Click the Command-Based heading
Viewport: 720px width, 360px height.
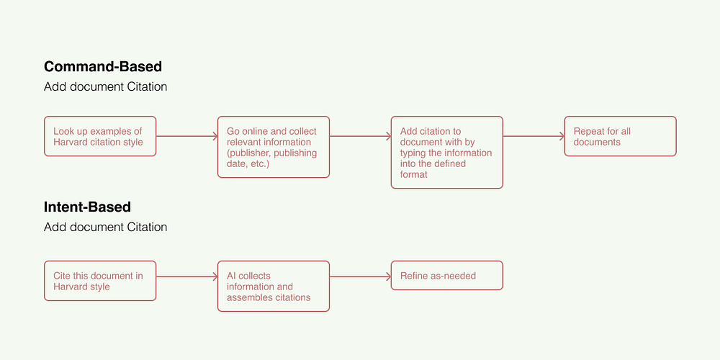103,67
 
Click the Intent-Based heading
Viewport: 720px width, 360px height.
87,207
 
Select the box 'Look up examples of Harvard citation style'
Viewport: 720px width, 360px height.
100,136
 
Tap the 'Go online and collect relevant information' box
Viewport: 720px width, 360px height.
274,147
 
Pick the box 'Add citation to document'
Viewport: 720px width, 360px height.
447,153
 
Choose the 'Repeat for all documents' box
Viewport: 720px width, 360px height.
621,136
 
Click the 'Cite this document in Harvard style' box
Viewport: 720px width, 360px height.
100,281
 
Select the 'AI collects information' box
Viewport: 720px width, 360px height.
274,287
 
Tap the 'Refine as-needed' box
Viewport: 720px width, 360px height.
447,276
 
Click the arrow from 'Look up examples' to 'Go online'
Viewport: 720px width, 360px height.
187,136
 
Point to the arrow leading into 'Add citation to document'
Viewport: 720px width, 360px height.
361,136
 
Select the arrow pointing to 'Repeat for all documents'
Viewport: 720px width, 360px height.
534,136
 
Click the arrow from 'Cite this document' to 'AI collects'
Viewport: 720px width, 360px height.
187,276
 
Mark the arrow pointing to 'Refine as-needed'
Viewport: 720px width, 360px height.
361,276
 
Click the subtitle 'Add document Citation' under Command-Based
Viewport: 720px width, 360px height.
106,87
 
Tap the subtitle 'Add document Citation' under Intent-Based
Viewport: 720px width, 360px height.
106,227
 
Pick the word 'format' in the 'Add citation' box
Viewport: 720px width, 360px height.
414,174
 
